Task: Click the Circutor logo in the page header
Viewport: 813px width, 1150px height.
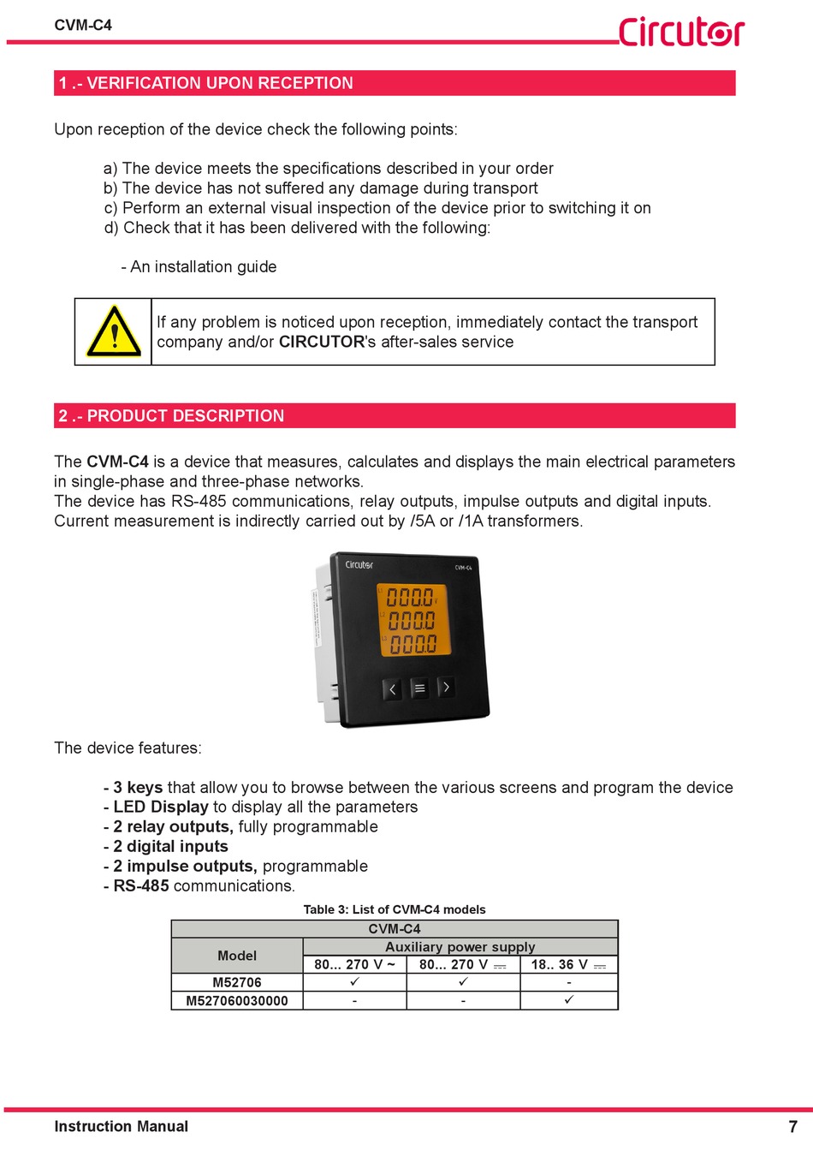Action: [681, 31]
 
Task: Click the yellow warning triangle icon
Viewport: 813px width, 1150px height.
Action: [113, 332]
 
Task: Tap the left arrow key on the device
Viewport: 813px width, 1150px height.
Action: [392, 688]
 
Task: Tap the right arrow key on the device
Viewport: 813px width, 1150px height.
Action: [446, 687]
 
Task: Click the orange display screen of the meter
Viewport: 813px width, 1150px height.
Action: [414, 620]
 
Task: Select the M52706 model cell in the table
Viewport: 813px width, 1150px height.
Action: [237, 983]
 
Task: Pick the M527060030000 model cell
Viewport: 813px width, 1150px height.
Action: [237, 1001]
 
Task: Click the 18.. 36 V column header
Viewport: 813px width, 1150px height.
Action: [568, 965]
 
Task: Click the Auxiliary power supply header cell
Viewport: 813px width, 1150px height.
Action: [460, 947]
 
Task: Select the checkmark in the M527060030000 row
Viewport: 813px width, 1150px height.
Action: [569, 1000]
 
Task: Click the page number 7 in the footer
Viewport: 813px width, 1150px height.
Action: [792, 1127]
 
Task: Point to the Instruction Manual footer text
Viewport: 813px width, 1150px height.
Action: [121, 1127]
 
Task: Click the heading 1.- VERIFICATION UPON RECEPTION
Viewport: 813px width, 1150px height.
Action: [205, 83]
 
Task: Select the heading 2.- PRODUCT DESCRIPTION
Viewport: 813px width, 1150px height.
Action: [171, 416]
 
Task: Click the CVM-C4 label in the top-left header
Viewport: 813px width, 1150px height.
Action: [83, 26]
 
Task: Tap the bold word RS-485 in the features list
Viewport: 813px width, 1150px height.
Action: [141, 886]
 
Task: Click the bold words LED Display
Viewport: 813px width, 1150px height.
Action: [161, 807]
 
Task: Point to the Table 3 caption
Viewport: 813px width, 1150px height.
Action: [395, 909]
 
